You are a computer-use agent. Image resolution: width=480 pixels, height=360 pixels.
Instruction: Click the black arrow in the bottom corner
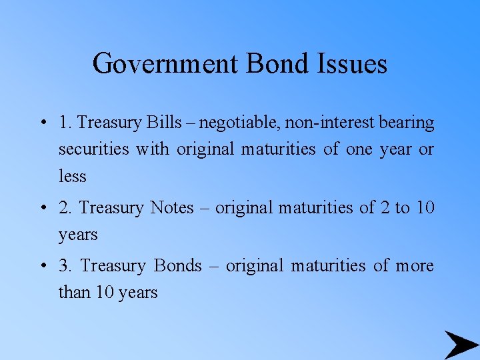tap(461, 344)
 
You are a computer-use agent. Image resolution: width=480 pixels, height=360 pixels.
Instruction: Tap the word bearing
tap(407, 123)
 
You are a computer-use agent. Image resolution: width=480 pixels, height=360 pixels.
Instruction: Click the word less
tap(72, 177)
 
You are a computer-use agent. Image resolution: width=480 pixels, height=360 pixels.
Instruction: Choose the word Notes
tap(171, 208)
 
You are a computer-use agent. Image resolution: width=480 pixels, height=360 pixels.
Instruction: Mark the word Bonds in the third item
tap(177, 266)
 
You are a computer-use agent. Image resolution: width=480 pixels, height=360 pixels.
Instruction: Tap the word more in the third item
tap(415, 266)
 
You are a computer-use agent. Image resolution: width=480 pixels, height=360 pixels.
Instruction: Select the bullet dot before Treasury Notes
tap(42, 209)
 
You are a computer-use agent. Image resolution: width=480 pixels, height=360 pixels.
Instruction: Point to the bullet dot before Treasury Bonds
tap(42, 267)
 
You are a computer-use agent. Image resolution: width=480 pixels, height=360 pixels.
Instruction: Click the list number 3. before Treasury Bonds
tap(65, 266)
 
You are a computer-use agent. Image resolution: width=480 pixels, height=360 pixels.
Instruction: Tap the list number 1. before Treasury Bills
tap(65, 123)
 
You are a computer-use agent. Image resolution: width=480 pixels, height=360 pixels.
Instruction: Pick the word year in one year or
tap(397, 150)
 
